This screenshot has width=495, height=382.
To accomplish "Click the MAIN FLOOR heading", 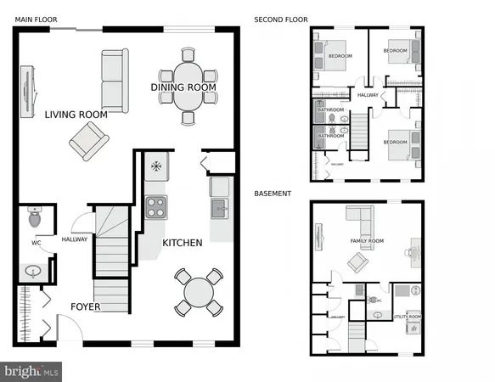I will point(36,20).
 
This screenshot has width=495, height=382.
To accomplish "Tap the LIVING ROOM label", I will point(75,114).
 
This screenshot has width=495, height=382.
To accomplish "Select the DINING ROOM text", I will point(183,87).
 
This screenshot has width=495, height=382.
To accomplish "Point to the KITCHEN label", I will point(183,243).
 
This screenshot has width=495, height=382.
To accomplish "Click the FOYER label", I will point(86,306).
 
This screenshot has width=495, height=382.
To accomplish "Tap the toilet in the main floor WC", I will point(35,219).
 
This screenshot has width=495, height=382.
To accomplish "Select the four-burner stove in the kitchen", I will point(155,206).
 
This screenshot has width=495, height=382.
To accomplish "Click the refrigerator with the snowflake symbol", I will point(155,166).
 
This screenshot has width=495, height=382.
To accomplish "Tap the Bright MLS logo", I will point(32,372).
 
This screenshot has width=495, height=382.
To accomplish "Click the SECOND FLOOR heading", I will point(281,20).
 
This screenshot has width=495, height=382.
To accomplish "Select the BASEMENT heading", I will point(273,194).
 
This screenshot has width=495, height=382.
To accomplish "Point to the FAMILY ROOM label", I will point(368,241).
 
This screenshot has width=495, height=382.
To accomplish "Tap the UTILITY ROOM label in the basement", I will point(408,316).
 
